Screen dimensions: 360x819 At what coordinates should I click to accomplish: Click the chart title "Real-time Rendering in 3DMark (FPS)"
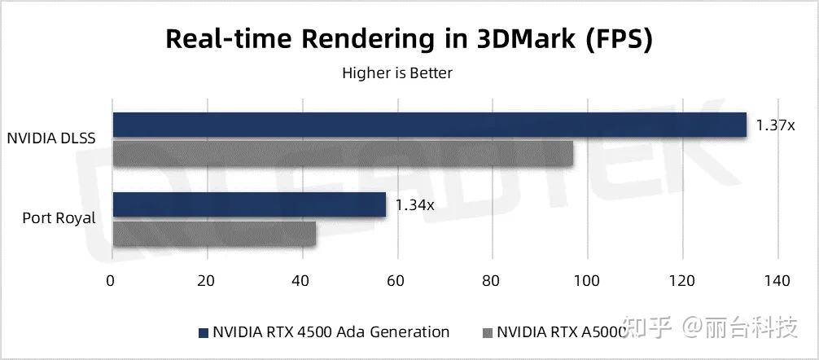click(409, 38)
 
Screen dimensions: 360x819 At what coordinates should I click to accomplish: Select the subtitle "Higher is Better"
click(397, 73)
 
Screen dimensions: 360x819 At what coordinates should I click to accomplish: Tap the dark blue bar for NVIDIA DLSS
click(429, 125)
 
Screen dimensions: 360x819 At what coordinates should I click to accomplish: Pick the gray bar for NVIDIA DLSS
click(343, 153)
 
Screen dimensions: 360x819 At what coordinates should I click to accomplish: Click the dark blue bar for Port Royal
click(249, 205)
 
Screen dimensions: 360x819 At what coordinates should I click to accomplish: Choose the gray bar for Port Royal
click(214, 234)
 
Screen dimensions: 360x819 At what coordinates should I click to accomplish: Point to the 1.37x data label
click(775, 125)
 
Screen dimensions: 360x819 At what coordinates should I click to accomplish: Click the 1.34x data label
click(415, 205)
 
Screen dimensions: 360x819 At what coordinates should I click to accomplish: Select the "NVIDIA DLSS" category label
click(52, 139)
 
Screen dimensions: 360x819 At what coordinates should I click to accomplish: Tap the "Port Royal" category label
click(59, 218)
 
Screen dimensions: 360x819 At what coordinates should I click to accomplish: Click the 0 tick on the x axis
click(112, 282)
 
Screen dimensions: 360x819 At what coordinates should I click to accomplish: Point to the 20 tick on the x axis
click(207, 282)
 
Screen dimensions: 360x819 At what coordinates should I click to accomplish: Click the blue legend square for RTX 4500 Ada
click(203, 332)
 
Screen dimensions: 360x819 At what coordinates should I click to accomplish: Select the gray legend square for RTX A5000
click(488, 332)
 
